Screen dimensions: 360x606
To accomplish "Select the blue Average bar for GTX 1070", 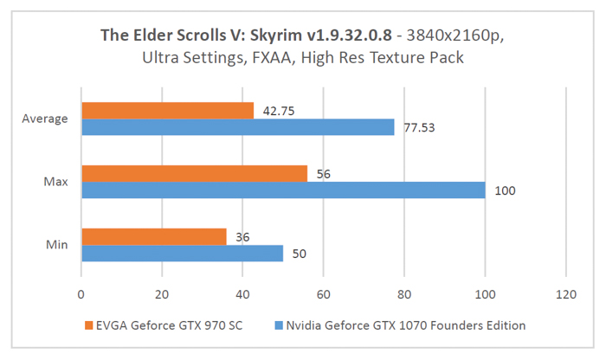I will pyautogui.click(x=237, y=127).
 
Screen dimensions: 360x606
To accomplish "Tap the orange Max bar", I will pyautogui.click(x=194, y=174).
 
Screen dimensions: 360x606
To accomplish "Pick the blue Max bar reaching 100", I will pyautogui.click(x=283, y=190).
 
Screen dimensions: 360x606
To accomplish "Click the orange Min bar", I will pyautogui.click(x=153, y=236).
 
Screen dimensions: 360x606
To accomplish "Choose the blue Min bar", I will pyautogui.click(x=182, y=253).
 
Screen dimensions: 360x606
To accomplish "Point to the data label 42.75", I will pyautogui.click(x=274, y=111).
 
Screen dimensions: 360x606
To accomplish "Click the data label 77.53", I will pyautogui.click(x=418, y=127).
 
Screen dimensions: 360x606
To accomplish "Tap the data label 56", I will pyautogui.click(x=323, y=174).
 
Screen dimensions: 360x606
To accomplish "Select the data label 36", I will pyautogui.click(x=242, y=236).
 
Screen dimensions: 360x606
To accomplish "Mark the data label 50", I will pyautogui.click(x=299, y=253).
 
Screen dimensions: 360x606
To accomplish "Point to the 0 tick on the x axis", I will pyautogui.click(x=81, y=293).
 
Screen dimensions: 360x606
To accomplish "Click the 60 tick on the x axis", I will pyautogui.click(x=323, y=293).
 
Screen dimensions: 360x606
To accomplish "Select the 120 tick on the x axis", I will pyautogui.click(x=565, y=293).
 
